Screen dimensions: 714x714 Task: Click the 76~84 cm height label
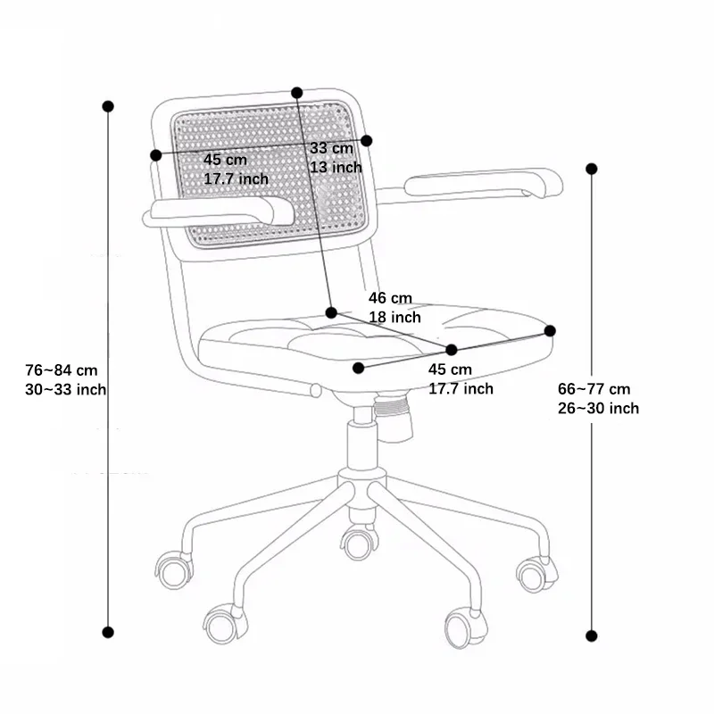[62, 369]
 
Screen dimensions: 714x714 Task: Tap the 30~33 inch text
[66, 389]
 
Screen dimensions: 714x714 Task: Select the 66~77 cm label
[594, 389]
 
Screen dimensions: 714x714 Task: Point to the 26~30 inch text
[598, 408]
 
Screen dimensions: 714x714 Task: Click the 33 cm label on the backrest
[331, 148]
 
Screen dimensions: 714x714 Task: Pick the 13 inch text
[336, 167]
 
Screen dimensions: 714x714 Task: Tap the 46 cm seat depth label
[391, 298]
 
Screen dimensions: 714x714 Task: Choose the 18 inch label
[394, 317]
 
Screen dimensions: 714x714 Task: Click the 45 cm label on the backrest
[225, 159]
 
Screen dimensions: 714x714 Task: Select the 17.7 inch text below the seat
[461, 388]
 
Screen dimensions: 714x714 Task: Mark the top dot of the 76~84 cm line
[108, 106]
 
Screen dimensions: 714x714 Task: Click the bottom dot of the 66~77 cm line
[591, 635]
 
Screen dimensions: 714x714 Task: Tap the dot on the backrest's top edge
[297, 93]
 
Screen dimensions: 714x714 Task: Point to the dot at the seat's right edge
[550, 330]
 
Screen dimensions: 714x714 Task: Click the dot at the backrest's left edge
[156, 155]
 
